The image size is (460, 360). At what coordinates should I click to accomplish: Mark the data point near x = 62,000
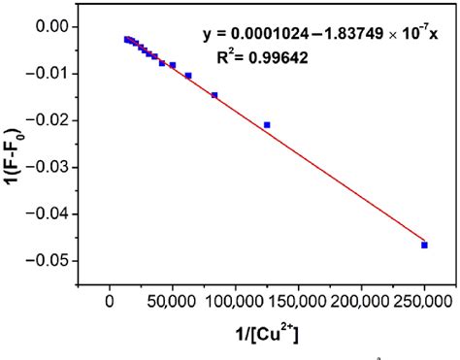click(x=188, y=76)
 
